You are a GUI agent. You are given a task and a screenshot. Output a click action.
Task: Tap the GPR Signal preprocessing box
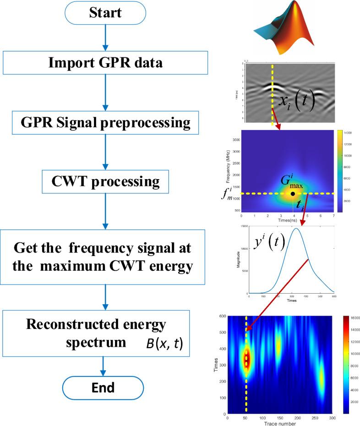(x=106, y=123)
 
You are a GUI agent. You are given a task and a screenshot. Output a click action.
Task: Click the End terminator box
(x=106, y=388)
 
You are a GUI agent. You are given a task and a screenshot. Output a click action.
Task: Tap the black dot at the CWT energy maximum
(x=293, y=194)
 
